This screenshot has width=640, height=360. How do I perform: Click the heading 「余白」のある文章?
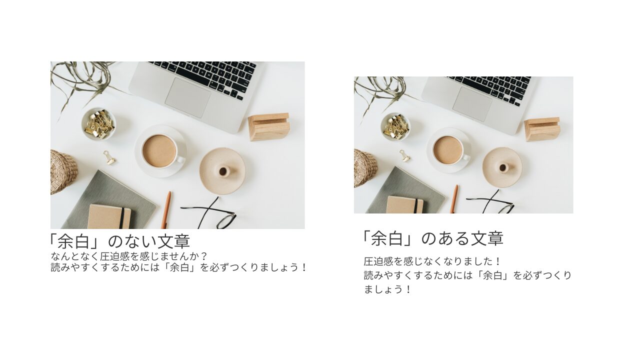432,238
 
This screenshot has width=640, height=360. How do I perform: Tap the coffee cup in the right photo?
448,150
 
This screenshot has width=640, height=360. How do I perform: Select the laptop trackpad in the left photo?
188,97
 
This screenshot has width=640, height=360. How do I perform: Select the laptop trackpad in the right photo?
472,104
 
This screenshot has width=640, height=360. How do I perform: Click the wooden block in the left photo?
269,127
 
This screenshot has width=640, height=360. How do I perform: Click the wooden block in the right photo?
542,129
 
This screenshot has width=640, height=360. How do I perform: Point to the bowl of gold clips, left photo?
98,124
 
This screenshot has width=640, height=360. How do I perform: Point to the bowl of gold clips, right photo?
395,127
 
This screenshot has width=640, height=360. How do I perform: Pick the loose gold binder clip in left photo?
109,157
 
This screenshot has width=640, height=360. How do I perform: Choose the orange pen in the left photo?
166,210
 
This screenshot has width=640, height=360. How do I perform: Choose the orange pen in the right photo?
454,199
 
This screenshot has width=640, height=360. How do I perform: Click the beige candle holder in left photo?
222,171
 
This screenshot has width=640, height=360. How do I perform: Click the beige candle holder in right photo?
502,167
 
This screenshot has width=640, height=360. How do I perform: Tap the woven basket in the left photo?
63,172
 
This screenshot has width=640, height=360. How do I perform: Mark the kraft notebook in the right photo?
405,204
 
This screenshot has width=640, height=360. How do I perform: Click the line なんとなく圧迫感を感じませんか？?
129,256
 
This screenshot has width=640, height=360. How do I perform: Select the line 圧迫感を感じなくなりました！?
432,261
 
